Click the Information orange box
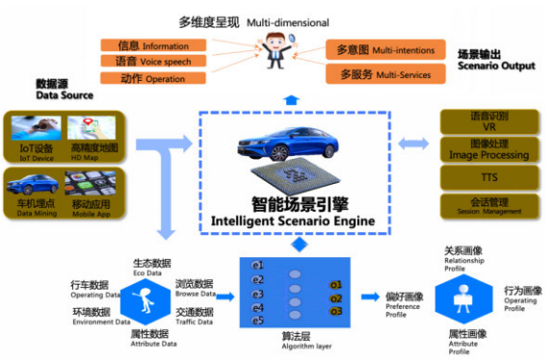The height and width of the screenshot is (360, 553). click(x=150, y=45)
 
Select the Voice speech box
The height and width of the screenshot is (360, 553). click(x=150, y=62)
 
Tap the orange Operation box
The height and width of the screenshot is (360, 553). click(x=150, y=79)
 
